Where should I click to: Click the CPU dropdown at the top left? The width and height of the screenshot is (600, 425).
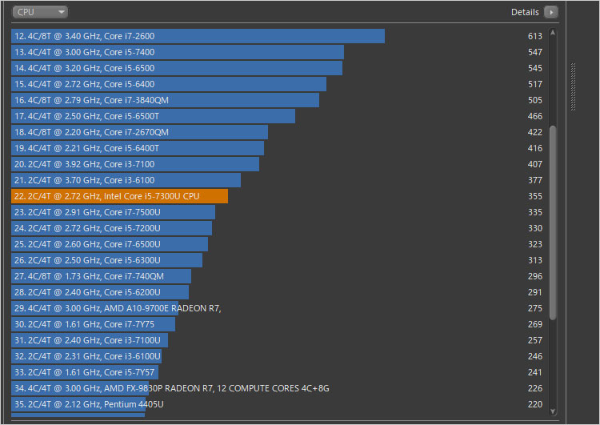click(x=40, y=12)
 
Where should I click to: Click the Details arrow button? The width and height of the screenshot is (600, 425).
click(x=550, y=12)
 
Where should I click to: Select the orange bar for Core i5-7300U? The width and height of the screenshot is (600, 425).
click(x=120, y=196)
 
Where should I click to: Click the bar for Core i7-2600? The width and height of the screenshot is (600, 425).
click(x=198, y=36)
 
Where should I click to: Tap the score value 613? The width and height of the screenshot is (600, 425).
click(x=535, y=36)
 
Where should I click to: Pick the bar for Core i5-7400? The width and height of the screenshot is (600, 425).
click(x=178, y=52)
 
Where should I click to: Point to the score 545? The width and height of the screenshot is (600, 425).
click(x=535, y=68)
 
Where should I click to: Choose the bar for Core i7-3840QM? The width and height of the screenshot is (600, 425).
click(x=165, y=100)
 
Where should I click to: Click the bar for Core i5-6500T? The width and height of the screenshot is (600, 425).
click(x=153, y=116)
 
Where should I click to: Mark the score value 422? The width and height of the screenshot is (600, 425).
click(x=535, y=132)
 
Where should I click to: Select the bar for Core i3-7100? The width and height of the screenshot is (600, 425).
click(x=135, y=164)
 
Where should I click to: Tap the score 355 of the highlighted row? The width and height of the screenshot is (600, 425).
click(x=535, y=196)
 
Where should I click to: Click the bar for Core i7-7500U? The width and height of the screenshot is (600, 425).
click(x=113, y=212)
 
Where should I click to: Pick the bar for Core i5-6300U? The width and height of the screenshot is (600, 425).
click(x=106, y=260)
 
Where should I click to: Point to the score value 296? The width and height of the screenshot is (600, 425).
click(x=535, y=276)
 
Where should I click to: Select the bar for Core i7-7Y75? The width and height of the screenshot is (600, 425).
click(x=93, y=324)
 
